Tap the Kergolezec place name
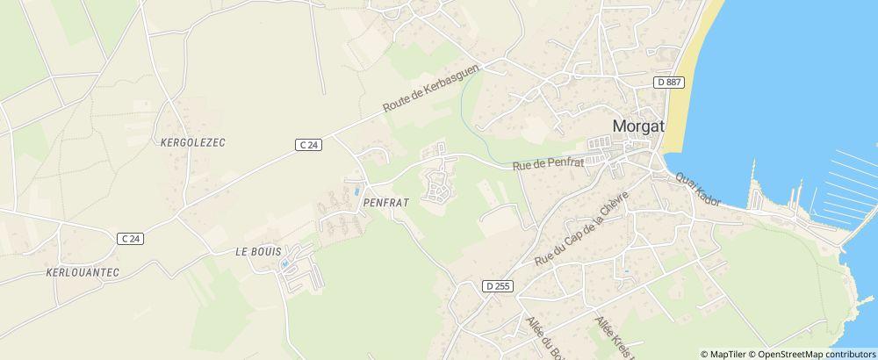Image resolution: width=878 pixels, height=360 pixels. pos(194,141)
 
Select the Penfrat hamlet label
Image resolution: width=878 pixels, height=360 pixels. pos(381,201)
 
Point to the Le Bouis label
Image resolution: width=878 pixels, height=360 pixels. pos(257,250)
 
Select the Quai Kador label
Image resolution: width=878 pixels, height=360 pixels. pos(698,189)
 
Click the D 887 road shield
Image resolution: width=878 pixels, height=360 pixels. pos(670,82)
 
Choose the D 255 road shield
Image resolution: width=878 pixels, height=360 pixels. pos(497,286)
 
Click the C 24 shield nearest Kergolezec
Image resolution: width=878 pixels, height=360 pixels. pos(308,144)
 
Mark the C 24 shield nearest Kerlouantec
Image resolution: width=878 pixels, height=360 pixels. pos(130,238)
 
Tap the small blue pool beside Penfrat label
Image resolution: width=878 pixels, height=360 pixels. pos(356,191)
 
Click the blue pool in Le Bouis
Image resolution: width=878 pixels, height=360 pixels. pos(284,264)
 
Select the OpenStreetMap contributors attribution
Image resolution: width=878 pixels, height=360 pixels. pos(816,354)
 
